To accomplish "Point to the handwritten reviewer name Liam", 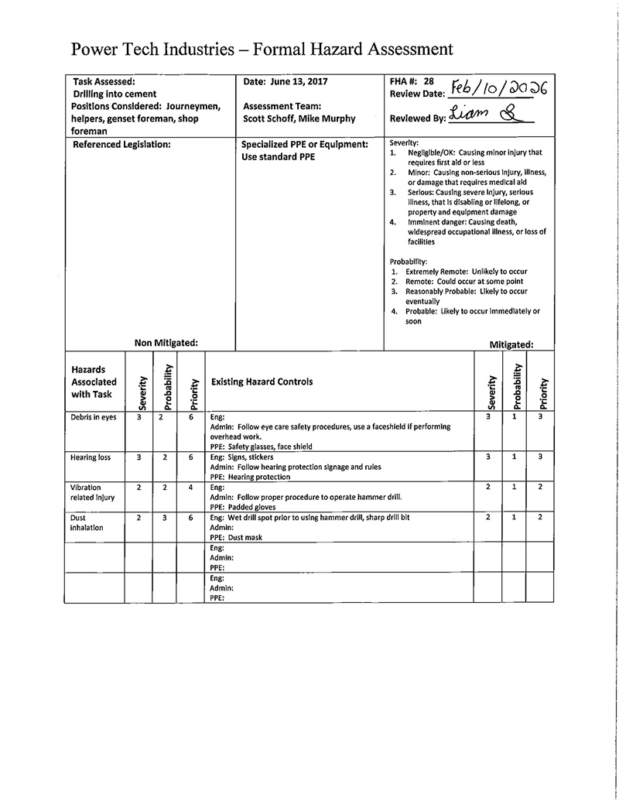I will click(x=467, y=115).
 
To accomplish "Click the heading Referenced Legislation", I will click(x=121, y=144).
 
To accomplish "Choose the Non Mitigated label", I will click(x=166, y=342).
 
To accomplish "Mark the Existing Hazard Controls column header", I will click(x=262, y=382).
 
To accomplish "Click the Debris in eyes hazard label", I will click(x=91, y=417).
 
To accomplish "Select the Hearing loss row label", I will click(x=91, y=457).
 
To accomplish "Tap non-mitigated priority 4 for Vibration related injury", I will click(x=190, y=488).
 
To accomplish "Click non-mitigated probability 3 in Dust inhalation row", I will click(x=165, y=517).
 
